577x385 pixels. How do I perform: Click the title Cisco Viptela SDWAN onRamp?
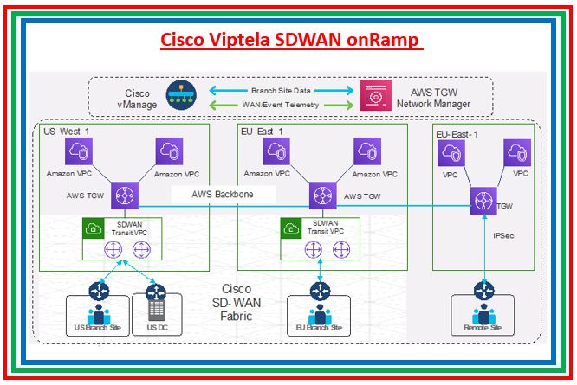(x=288, y=41)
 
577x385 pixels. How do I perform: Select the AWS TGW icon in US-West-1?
(x=124, y=194)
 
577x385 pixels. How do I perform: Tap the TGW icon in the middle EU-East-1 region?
(x=321, y=195)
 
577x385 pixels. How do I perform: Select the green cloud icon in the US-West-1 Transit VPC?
(x=93, y=228)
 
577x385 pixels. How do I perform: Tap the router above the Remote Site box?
(x=481, y=291)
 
